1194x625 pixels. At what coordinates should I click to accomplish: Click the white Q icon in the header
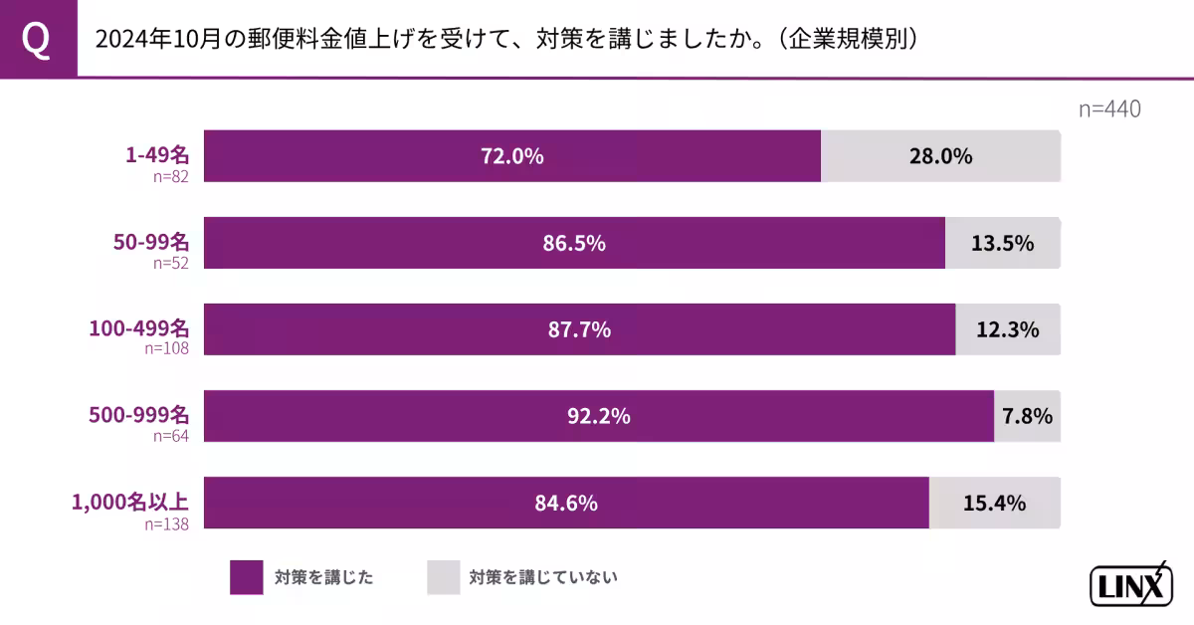37,40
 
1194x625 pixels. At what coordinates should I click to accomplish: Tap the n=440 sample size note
1109,109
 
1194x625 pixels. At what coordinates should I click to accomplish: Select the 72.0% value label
512,156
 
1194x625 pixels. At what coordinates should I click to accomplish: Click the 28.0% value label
940,156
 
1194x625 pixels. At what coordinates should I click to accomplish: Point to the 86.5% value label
574,243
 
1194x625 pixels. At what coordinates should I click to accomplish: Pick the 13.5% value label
1003,243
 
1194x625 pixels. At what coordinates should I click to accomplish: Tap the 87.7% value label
579,329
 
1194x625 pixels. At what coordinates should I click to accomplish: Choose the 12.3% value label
1008,329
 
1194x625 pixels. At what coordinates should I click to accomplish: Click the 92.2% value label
599,416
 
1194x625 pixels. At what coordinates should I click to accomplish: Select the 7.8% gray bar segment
1027,416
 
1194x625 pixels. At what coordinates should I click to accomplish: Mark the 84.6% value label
566,503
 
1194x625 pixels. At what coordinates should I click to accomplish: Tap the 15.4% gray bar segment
995,503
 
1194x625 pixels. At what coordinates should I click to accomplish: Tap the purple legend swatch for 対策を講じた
247,576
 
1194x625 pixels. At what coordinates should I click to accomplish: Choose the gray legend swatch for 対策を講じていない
444,576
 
